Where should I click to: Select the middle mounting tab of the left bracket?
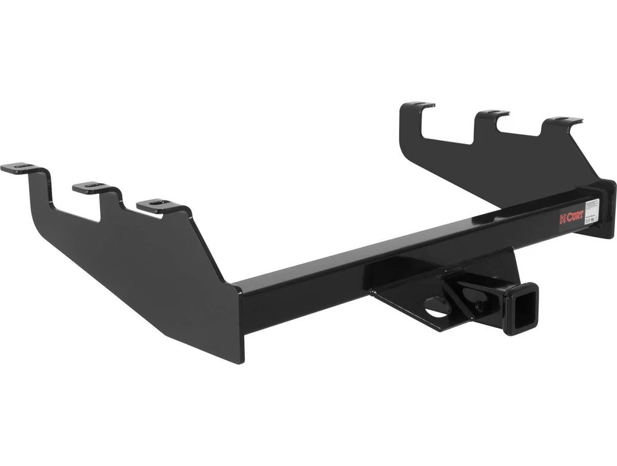pyautogui.click(x=93, y=187)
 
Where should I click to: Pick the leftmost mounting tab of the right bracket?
pyautogui.click(x=417, y=105)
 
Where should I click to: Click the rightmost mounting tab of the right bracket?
pyautogui.click(x=564, y=121)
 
